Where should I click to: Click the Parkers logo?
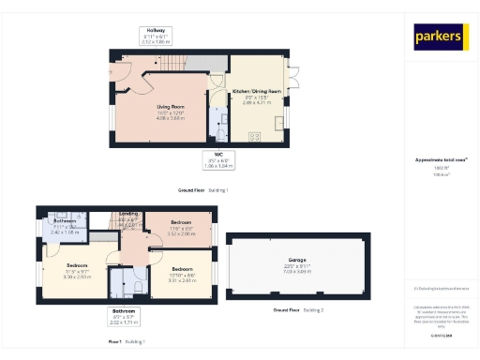click(438, 37)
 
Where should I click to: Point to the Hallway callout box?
click(160, 36)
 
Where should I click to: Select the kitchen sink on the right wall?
click(277, 123)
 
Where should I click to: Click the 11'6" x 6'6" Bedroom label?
click(181, 230)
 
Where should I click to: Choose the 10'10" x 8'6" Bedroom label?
click(181, 276)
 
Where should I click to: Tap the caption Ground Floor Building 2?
click(298, 309)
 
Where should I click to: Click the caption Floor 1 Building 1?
click(127, 342)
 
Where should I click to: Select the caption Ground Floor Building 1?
click(203, 190)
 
